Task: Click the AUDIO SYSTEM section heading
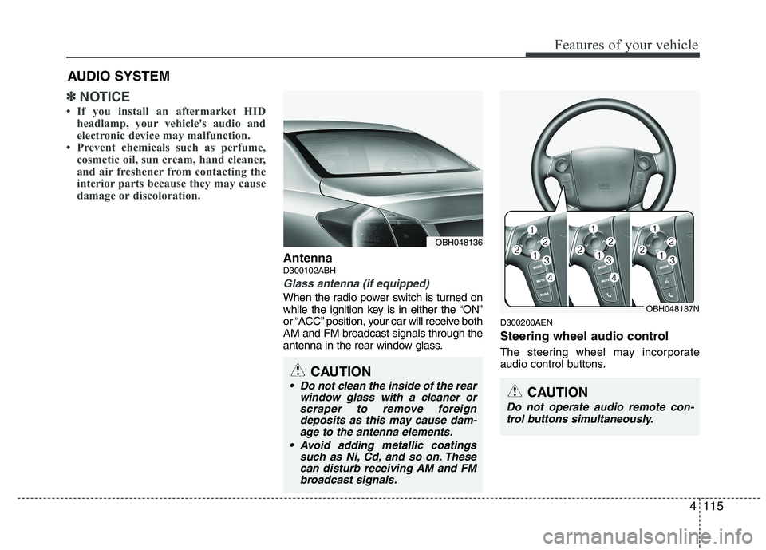(118, 77)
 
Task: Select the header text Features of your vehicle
(619, 45)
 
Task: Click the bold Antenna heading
(307, 259)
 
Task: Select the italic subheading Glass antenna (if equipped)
(356, 283)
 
